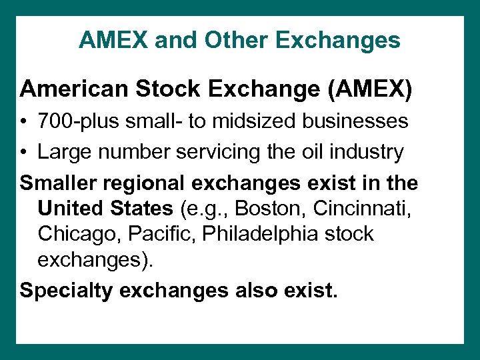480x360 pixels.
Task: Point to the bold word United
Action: (71, 209)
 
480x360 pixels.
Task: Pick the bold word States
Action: (141, 209)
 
